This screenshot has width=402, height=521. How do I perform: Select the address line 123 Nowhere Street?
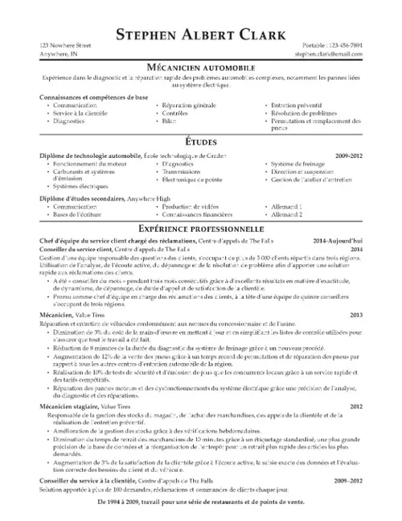pos(65,47)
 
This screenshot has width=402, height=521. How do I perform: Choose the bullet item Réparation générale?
pos(187,105)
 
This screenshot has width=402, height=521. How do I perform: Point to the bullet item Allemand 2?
pos(287,214)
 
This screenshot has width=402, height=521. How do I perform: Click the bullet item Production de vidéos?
pos(190,207)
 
